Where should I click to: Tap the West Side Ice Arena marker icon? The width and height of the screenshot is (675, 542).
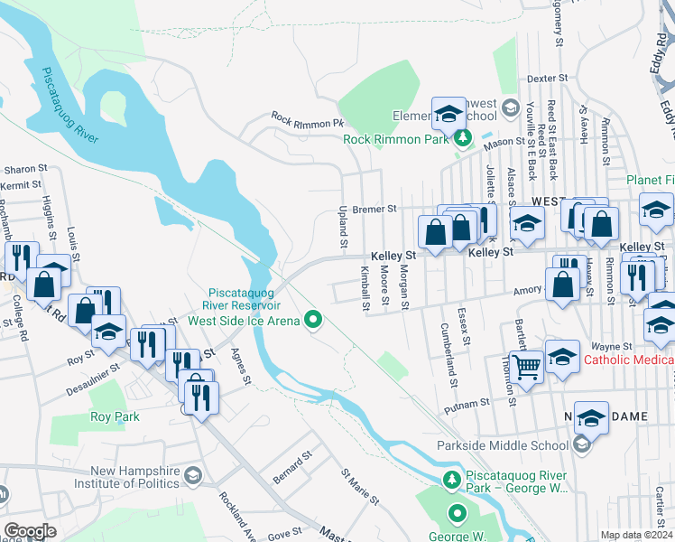coord(314,320)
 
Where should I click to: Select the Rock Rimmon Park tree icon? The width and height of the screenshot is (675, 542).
coord(463,138)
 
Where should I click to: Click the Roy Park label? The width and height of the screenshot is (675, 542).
coord(114,417)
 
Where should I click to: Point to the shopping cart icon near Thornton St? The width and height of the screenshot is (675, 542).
coord(525,365)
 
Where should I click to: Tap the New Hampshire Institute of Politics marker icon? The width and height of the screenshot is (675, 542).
coord(192,475)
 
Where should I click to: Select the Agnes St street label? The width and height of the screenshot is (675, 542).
coord(240,366)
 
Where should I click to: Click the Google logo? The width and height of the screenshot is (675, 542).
coord(31,531)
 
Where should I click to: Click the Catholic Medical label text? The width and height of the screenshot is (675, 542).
coord(629,360)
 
